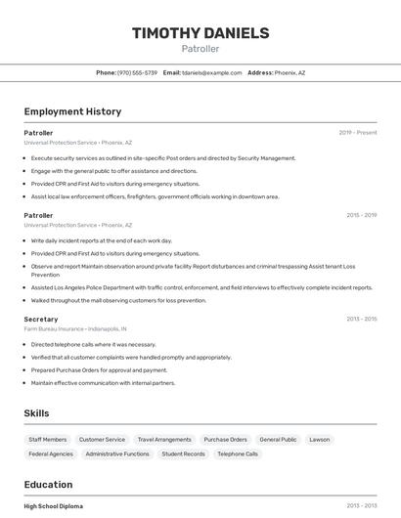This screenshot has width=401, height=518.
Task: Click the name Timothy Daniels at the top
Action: tap(200, 33)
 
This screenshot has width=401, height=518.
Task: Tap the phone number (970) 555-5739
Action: tap(137, 72)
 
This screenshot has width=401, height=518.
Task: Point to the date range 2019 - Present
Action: tap(358, 133)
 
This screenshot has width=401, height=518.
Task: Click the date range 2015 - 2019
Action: tap(361, 215)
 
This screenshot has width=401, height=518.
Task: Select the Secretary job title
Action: tap(41, 320)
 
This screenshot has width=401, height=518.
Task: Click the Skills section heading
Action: tap(37, 413)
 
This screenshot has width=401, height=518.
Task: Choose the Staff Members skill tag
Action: tap(48, 440)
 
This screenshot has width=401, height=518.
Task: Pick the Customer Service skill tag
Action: tap(102, 440)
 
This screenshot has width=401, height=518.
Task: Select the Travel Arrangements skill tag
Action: tap(164, 440)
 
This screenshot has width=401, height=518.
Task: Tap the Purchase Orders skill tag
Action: tap(225, 440)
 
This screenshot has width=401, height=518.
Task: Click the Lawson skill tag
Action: tap(320, 440)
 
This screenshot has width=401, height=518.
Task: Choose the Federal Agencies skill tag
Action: tap(51, 454)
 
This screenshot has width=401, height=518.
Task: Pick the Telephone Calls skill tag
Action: tap(238, 454)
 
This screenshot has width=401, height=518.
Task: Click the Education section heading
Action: tap(48, 485)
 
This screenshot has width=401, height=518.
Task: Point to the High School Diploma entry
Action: tap(54, 506)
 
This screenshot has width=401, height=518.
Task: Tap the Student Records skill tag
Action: tap(183, 454)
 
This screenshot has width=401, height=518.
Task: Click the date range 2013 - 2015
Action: tap(361, 320)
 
